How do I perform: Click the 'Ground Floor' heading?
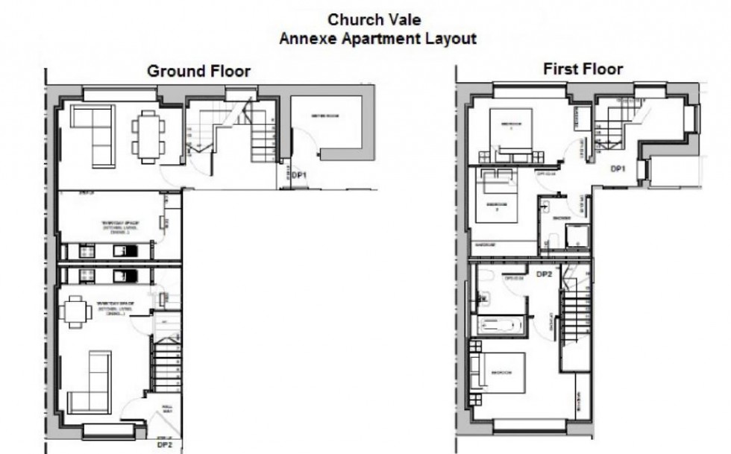198,72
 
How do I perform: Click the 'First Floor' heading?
583,69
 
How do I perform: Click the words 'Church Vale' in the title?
378,20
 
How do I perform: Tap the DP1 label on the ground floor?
299,176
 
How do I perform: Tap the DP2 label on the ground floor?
164,445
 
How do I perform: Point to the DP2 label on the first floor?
544,274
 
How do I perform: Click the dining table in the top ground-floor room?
148,136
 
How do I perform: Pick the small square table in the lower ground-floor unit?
75,312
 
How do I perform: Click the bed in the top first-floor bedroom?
510,133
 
